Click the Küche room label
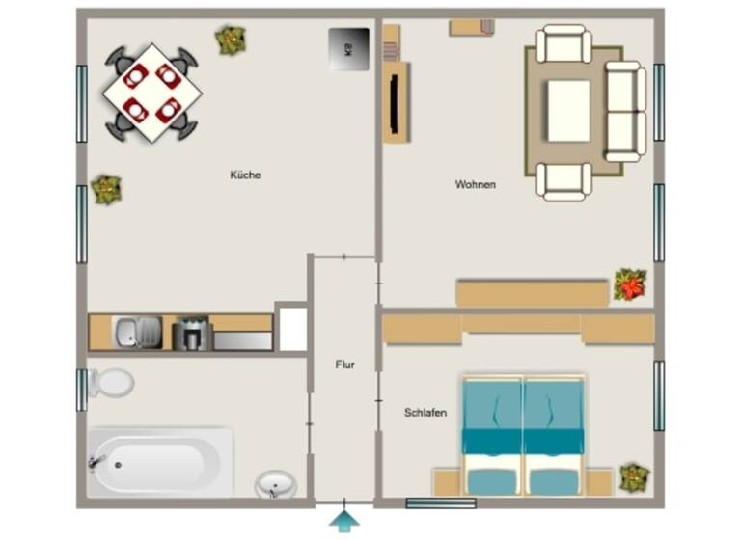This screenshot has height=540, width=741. tap(245, 175)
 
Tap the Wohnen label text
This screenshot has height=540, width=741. tap(476, 184)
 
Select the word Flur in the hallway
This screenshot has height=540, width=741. tap(344, 365)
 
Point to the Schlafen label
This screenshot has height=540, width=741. tap(425, 413)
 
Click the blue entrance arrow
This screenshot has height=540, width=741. tap(344, 522)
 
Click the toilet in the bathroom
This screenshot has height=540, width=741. tap(111, 383)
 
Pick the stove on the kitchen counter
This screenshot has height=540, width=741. tap(191, 334)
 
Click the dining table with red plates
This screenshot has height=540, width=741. tap(152, 93)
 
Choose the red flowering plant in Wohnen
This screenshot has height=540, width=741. tap(630, 284)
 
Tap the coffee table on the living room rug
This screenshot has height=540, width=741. tap(568, 110)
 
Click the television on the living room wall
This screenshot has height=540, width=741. tap(396, 102)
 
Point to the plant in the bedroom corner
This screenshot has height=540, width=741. tap(634, 477)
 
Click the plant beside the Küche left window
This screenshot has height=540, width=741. tap(106, 189)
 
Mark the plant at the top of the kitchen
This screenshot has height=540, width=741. tap(231, 40)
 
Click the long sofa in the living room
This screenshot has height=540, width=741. tap(625, 111)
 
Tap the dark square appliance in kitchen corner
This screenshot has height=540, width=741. tap(348, 47)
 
